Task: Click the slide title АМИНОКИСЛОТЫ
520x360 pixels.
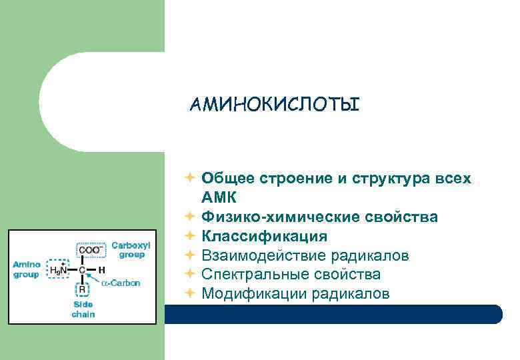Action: coord(274,105)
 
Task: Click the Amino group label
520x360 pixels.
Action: coord(27,269)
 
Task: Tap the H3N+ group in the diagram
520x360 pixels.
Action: coord(59,269)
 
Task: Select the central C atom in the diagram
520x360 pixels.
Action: coord(82,270)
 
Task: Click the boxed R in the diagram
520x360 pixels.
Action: coord(82,290)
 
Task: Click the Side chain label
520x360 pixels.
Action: coord(83,309)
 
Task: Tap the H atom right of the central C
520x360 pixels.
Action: coord(101,270)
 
